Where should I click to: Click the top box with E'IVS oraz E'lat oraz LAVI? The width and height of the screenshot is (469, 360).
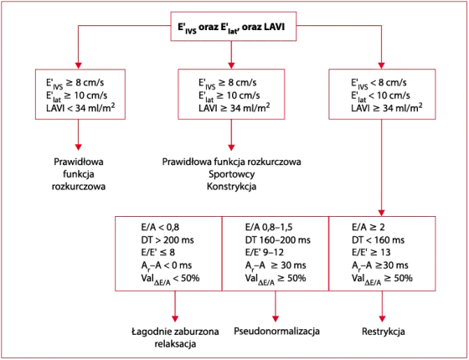pos(234,26)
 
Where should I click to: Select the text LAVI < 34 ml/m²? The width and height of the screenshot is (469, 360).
pos(80,107)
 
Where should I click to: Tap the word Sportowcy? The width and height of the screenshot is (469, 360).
pos(232,174)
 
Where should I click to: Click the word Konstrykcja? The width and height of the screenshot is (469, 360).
pos(232,187)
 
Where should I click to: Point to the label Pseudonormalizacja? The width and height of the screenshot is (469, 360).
pos(276,332)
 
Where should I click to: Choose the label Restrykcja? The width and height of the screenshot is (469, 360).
pos(384,332)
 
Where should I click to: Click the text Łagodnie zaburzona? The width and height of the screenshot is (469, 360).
pos(175,332)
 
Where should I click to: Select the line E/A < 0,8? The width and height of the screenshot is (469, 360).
pos(160,228)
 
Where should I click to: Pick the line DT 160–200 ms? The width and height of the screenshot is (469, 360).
pos(278,240)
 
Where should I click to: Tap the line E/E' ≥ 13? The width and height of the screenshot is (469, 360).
pos(371,253)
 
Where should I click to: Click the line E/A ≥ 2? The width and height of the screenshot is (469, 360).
pos(368,228)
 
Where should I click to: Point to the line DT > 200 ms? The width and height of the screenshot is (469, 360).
pos(167,240)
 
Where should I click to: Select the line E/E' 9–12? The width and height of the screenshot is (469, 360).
pos(265,253)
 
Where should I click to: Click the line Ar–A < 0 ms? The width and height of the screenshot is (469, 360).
pos(167,265)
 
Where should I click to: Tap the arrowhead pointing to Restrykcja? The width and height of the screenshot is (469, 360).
pos(382,318)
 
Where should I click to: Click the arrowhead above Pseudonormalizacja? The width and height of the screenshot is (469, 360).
pos(276,318)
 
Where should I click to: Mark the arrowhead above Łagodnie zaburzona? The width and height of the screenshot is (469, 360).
pos(175,318)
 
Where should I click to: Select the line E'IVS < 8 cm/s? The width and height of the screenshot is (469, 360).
pos(379,83)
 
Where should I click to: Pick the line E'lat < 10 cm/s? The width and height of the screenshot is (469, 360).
pos(380,95)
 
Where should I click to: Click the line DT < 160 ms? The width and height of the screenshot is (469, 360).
pos(378,240)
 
